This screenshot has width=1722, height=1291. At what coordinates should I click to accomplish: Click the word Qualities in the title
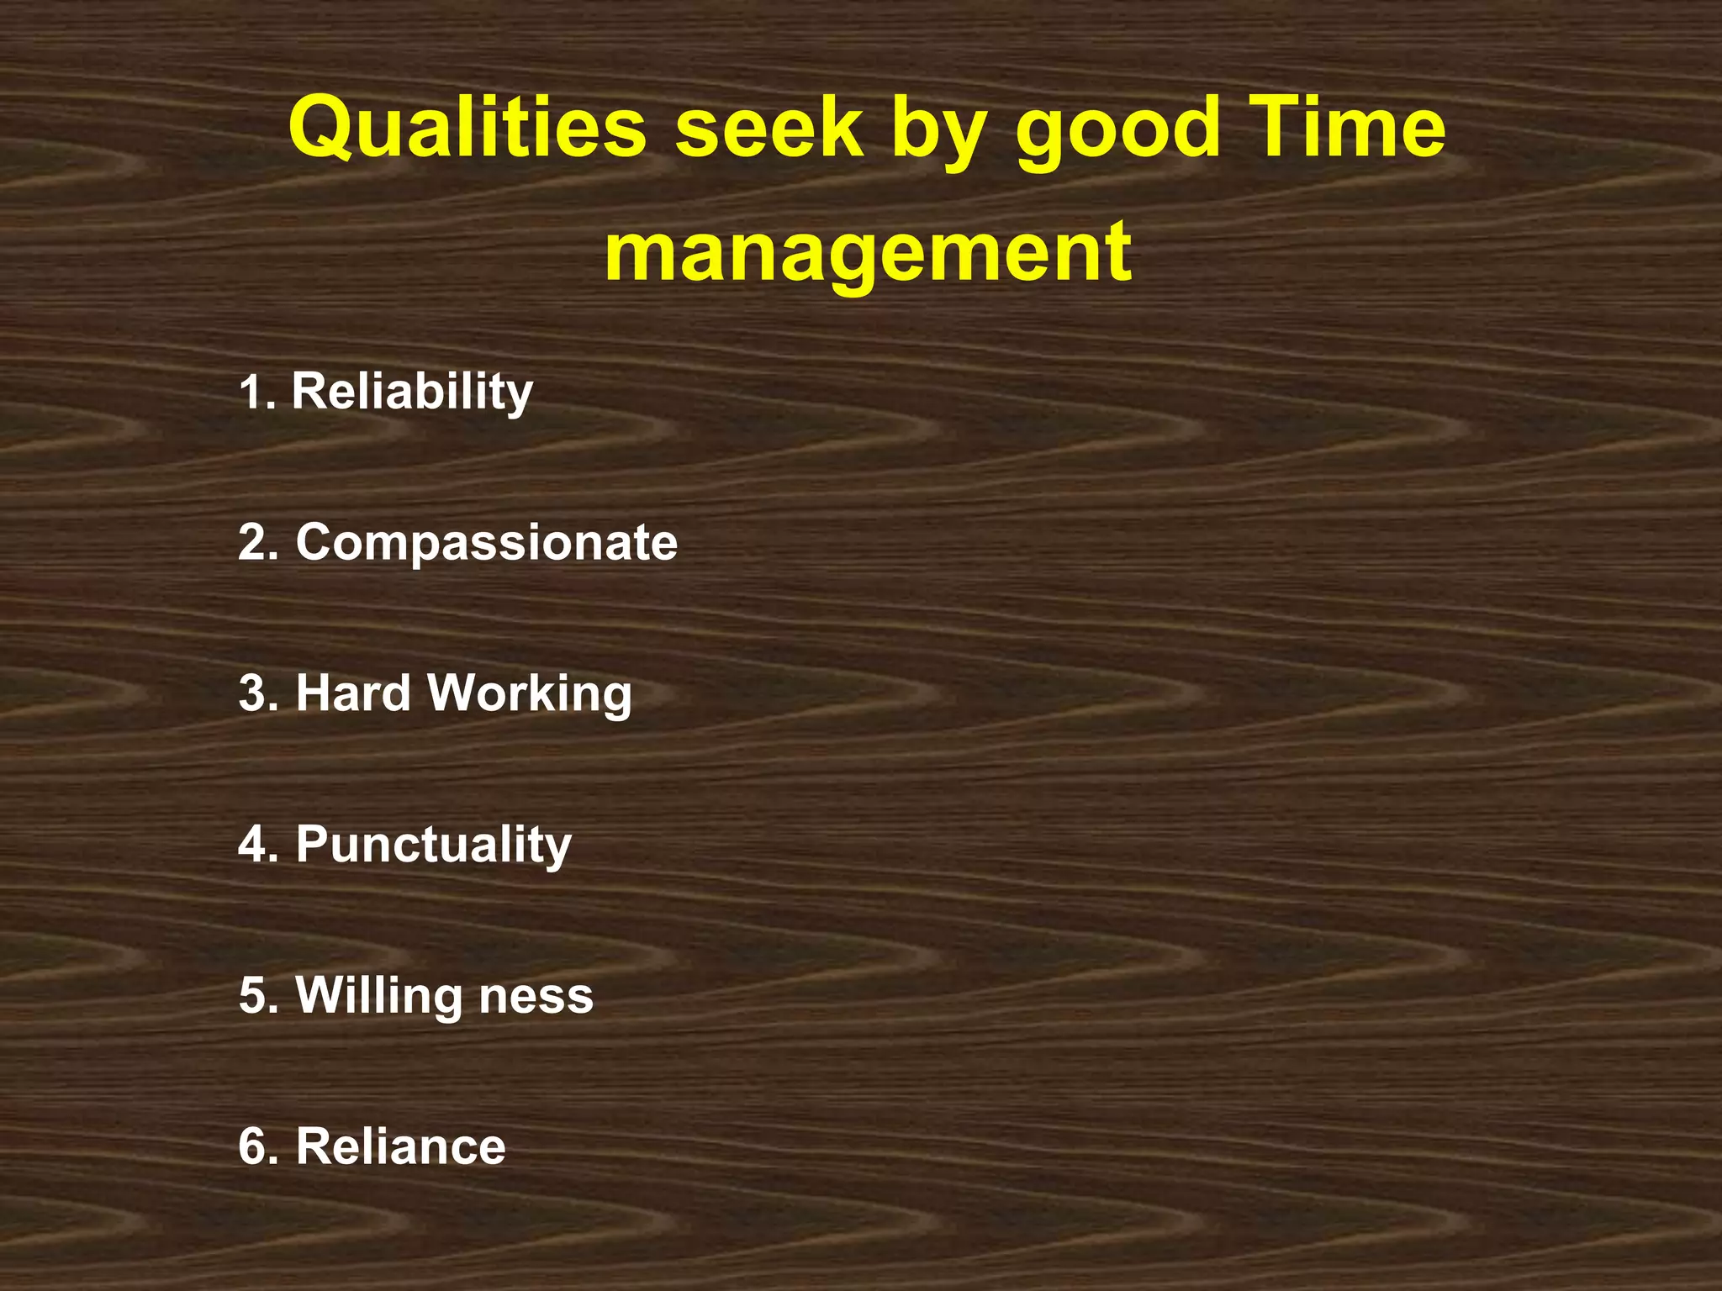(467, 128)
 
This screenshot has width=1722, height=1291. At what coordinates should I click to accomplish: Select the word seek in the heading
(769, 128)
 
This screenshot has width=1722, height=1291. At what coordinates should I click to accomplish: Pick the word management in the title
(868, 252)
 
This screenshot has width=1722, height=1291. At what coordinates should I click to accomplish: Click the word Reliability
(412, 392)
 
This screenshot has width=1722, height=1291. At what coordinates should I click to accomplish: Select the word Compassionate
(486, 542)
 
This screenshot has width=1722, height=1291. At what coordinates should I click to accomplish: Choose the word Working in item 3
(530, 694)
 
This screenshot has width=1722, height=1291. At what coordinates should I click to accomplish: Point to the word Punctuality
(433, 845)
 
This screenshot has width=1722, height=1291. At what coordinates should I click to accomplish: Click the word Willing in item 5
(378, 996)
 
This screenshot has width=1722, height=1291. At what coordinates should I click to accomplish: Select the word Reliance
(400, 1146)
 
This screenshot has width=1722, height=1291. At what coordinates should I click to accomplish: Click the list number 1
(253, 393)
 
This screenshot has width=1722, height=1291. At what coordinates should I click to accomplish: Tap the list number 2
(256, 542)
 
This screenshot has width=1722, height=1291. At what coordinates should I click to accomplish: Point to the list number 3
(256, 693)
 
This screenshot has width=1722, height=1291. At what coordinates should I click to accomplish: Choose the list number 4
(256, 844)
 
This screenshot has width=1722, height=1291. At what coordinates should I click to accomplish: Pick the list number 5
(256, 995)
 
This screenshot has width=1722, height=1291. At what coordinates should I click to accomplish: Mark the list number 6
(256, 1146)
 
